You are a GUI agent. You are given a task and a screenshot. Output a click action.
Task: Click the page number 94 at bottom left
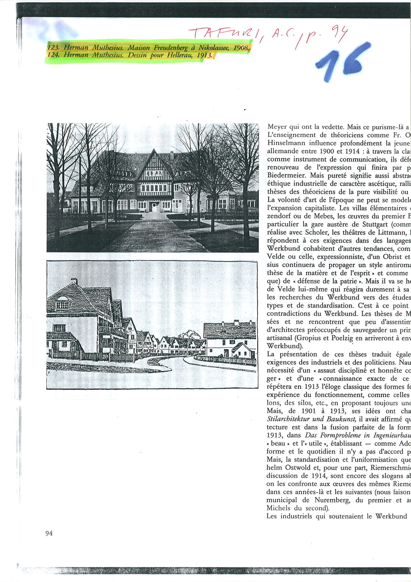49,533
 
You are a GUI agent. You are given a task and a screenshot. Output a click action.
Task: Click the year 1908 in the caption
241,48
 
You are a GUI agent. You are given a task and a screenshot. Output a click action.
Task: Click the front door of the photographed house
154,207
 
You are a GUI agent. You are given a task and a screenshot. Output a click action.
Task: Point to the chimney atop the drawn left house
74,281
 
